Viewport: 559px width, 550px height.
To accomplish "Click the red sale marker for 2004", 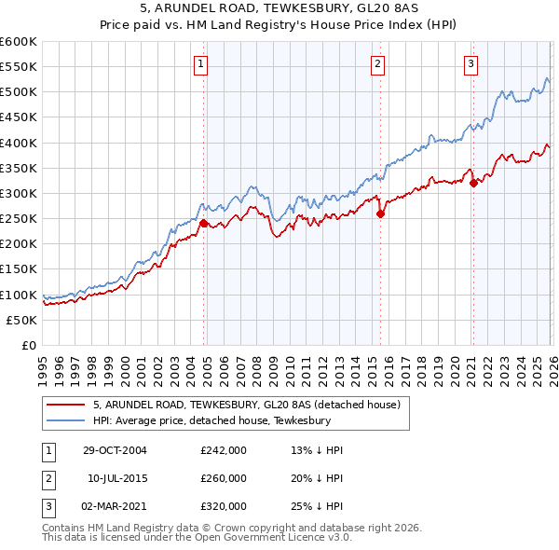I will click(203, 223).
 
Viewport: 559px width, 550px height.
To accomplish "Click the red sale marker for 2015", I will click(380, 213).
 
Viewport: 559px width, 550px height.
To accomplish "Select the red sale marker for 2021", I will click(473, 183).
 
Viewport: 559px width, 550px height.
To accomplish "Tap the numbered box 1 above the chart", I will click(200, 64).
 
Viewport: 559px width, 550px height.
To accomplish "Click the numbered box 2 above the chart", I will click(377, 64).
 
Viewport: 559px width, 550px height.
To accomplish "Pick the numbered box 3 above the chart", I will click(470, 64).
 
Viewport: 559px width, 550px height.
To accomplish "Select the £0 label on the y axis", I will click(29, 345).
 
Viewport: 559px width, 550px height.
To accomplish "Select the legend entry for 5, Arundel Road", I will click(246, 405).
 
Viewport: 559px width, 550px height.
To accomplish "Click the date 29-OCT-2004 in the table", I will click(114, 450).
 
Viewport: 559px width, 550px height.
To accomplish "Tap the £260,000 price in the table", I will click(224, 478).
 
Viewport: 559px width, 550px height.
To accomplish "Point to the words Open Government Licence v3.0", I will click(280, 539).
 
